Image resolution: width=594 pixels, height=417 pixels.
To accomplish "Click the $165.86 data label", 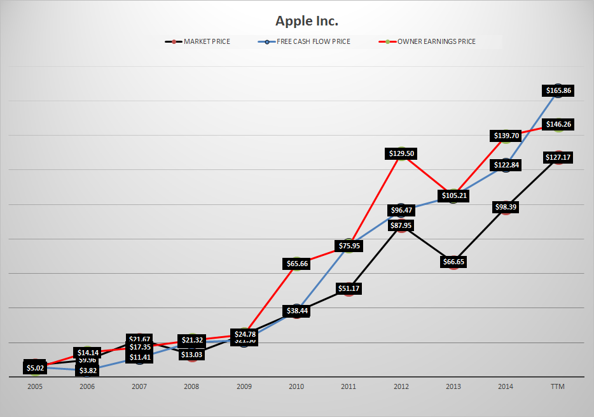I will pos(558,91).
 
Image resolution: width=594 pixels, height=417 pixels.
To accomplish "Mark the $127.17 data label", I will pos(558,157).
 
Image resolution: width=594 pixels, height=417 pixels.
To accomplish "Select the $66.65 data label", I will pos(453,262).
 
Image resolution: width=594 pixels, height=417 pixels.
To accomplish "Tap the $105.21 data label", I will pos(453,195).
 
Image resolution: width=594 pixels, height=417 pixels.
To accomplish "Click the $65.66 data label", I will pos(296,264).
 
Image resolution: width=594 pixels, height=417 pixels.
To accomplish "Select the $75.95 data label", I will pos(349,246).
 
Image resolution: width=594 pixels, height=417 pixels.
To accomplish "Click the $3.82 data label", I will pos(88,371).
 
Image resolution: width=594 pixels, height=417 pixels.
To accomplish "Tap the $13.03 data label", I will pos(192,355).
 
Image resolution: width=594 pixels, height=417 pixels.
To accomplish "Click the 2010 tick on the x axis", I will pos(296,386).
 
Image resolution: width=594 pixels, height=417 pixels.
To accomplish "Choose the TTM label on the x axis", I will pos(558,386).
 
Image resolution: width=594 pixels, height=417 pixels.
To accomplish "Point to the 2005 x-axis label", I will pos(36,386).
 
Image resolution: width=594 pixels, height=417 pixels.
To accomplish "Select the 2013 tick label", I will pos(453,386).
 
